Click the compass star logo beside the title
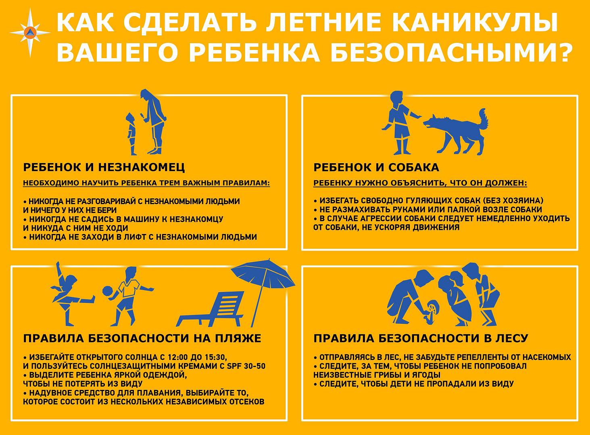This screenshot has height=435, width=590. click(x=30, y=32)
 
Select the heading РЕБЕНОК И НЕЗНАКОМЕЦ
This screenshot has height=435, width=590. click(x=104, y=168)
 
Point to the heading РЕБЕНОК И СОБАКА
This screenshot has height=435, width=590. click(x=376, y=168)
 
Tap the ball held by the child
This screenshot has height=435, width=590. click(x=108, y=291)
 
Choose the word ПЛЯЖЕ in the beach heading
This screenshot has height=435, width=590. click(x=236, y=339)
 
